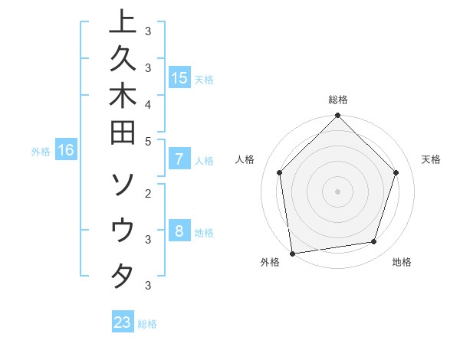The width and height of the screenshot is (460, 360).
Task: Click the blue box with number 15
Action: click(x=179, y=77)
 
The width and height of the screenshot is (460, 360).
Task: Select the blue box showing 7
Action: click(x=179, y=159)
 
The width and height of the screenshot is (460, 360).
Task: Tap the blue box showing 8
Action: click(x=179, y=231)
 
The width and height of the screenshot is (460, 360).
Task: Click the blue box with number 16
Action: click(x=66, y=150)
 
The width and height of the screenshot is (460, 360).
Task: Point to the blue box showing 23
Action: click(x=123, y=322)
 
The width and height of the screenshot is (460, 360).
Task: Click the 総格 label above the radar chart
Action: click(x=338, y=100)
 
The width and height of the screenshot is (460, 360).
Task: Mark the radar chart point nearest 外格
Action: click(x=292, y=253)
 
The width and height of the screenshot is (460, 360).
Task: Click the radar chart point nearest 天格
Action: click(x=396, y=172)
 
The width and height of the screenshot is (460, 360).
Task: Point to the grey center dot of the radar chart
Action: click(x=338, y=191)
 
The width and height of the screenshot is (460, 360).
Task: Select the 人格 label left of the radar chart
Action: click(x=245, y=159)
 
